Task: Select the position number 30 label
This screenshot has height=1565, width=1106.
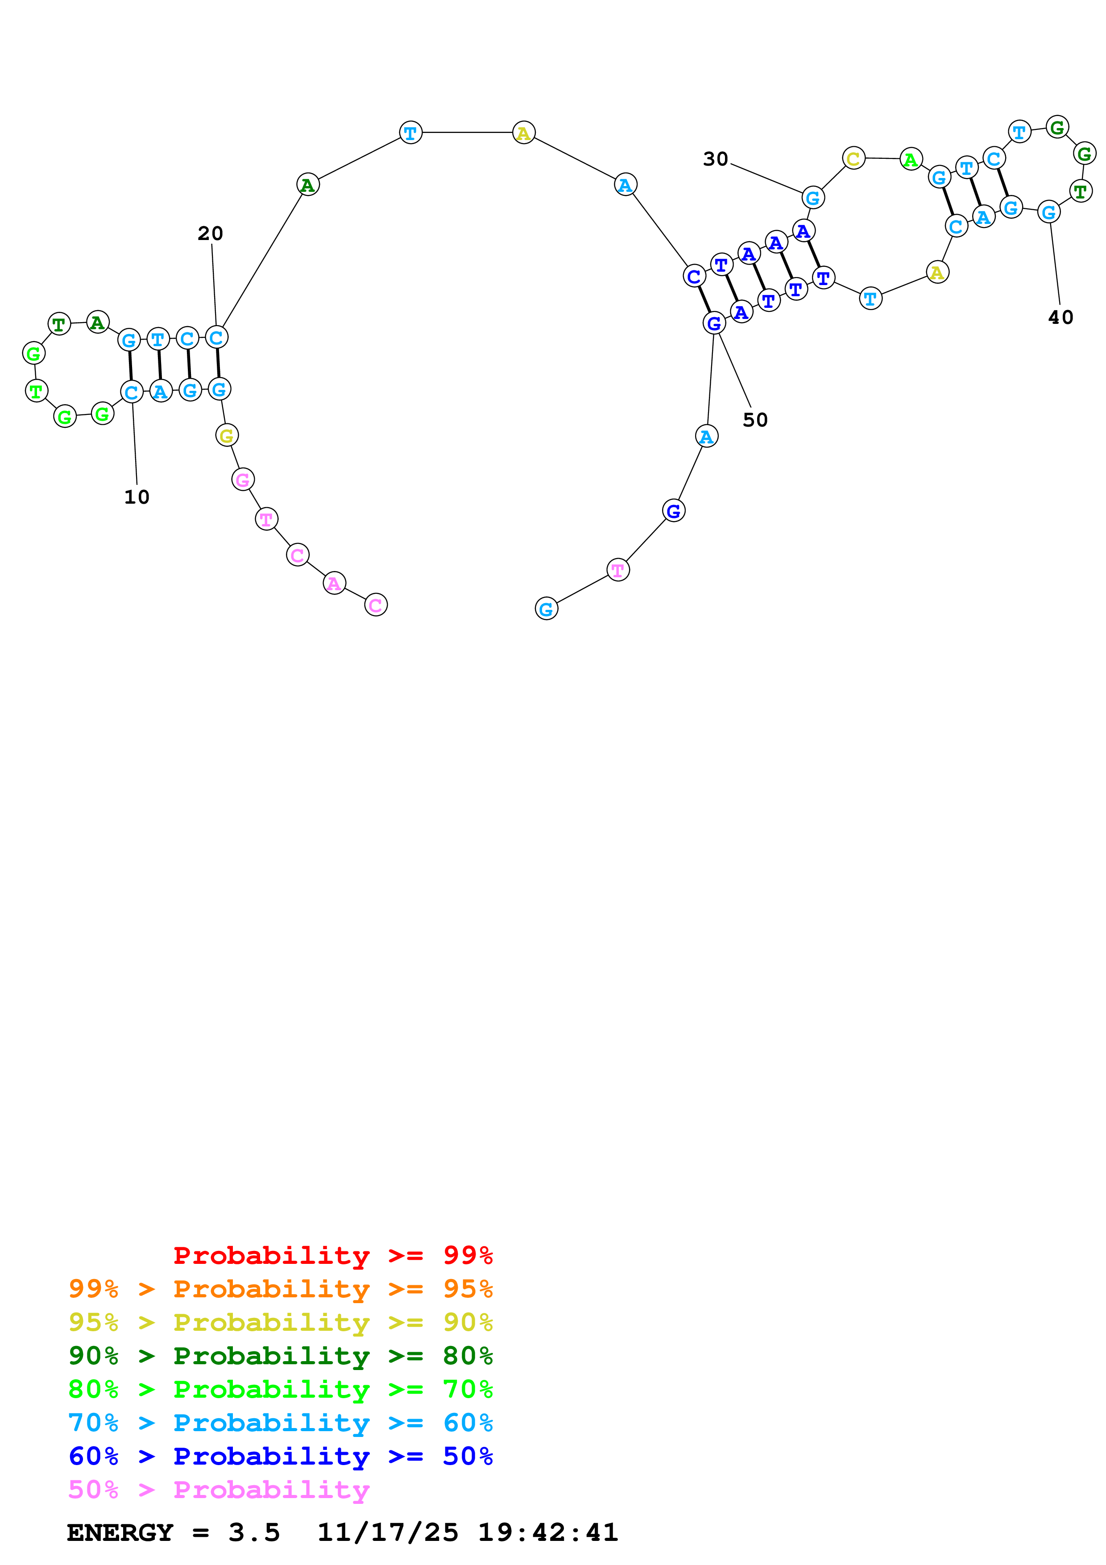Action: (716, 159)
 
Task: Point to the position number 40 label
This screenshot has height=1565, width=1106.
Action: (1060, 317)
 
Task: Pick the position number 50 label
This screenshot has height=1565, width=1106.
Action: (755, 419)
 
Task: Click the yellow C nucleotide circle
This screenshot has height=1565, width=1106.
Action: (853, 159)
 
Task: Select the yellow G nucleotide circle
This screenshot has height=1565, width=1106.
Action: (227, 435)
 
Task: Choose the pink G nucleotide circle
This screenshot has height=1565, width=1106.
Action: (243, 480)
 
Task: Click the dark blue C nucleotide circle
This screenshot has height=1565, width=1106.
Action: (694, 276)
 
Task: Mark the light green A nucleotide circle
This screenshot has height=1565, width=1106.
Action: (911, 160)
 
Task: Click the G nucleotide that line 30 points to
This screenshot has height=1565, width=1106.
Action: (813, 198)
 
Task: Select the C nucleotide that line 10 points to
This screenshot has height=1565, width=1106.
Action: (132, 392)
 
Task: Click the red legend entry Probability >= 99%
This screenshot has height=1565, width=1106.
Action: (332, 1255)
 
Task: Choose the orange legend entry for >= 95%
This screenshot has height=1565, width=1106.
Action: (280, 1289)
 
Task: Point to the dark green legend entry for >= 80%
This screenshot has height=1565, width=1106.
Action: (280, 1356)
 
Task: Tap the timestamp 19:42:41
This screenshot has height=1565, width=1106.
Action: (547, 1532)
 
